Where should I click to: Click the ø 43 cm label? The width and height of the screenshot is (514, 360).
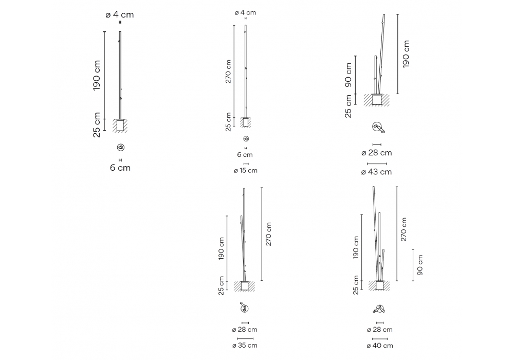[x=376, y=172]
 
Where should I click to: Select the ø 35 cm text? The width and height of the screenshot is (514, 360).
[x=245, y=345]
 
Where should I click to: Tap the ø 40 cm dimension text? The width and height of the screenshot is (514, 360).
[x=380, y=345]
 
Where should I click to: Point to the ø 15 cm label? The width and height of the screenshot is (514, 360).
[x=246, y=171]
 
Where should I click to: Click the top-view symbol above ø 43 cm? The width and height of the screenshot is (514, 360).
[x=378, y=128]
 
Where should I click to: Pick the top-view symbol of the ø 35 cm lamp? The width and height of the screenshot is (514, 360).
[x=244, y=308]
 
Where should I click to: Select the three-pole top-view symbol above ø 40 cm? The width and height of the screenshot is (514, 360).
[x=379, y=309]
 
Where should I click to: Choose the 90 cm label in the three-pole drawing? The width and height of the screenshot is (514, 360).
[x=420, y=265]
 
